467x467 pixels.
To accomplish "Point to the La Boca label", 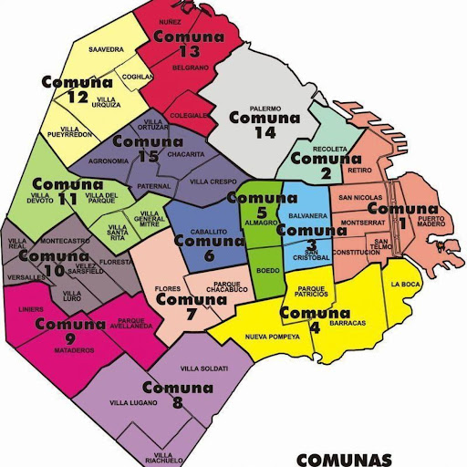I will [403, 284].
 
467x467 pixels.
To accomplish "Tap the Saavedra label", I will [106, 49].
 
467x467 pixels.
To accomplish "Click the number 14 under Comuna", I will [265, 132].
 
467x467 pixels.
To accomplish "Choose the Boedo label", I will [268, 270].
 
